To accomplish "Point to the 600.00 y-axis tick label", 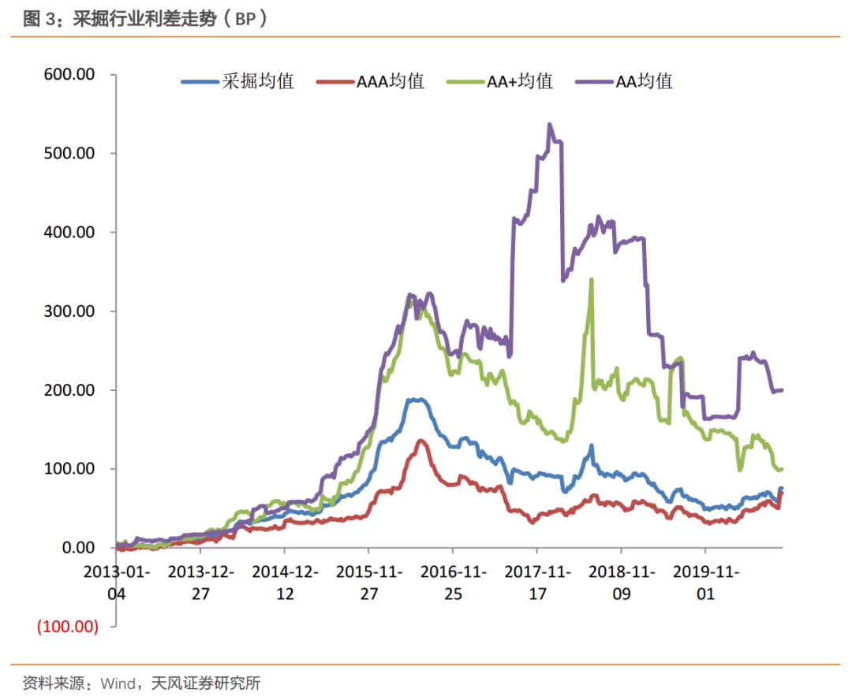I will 69,74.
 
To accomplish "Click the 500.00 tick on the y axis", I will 69,153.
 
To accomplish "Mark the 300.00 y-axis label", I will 69,311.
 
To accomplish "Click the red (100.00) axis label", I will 67,627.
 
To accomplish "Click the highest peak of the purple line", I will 550,125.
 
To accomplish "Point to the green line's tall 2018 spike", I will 592,280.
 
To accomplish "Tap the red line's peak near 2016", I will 420,440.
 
